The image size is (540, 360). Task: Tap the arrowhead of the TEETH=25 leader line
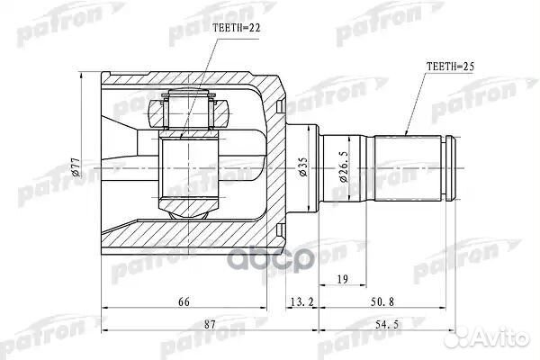pyautogui.click(x=407, y=134)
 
